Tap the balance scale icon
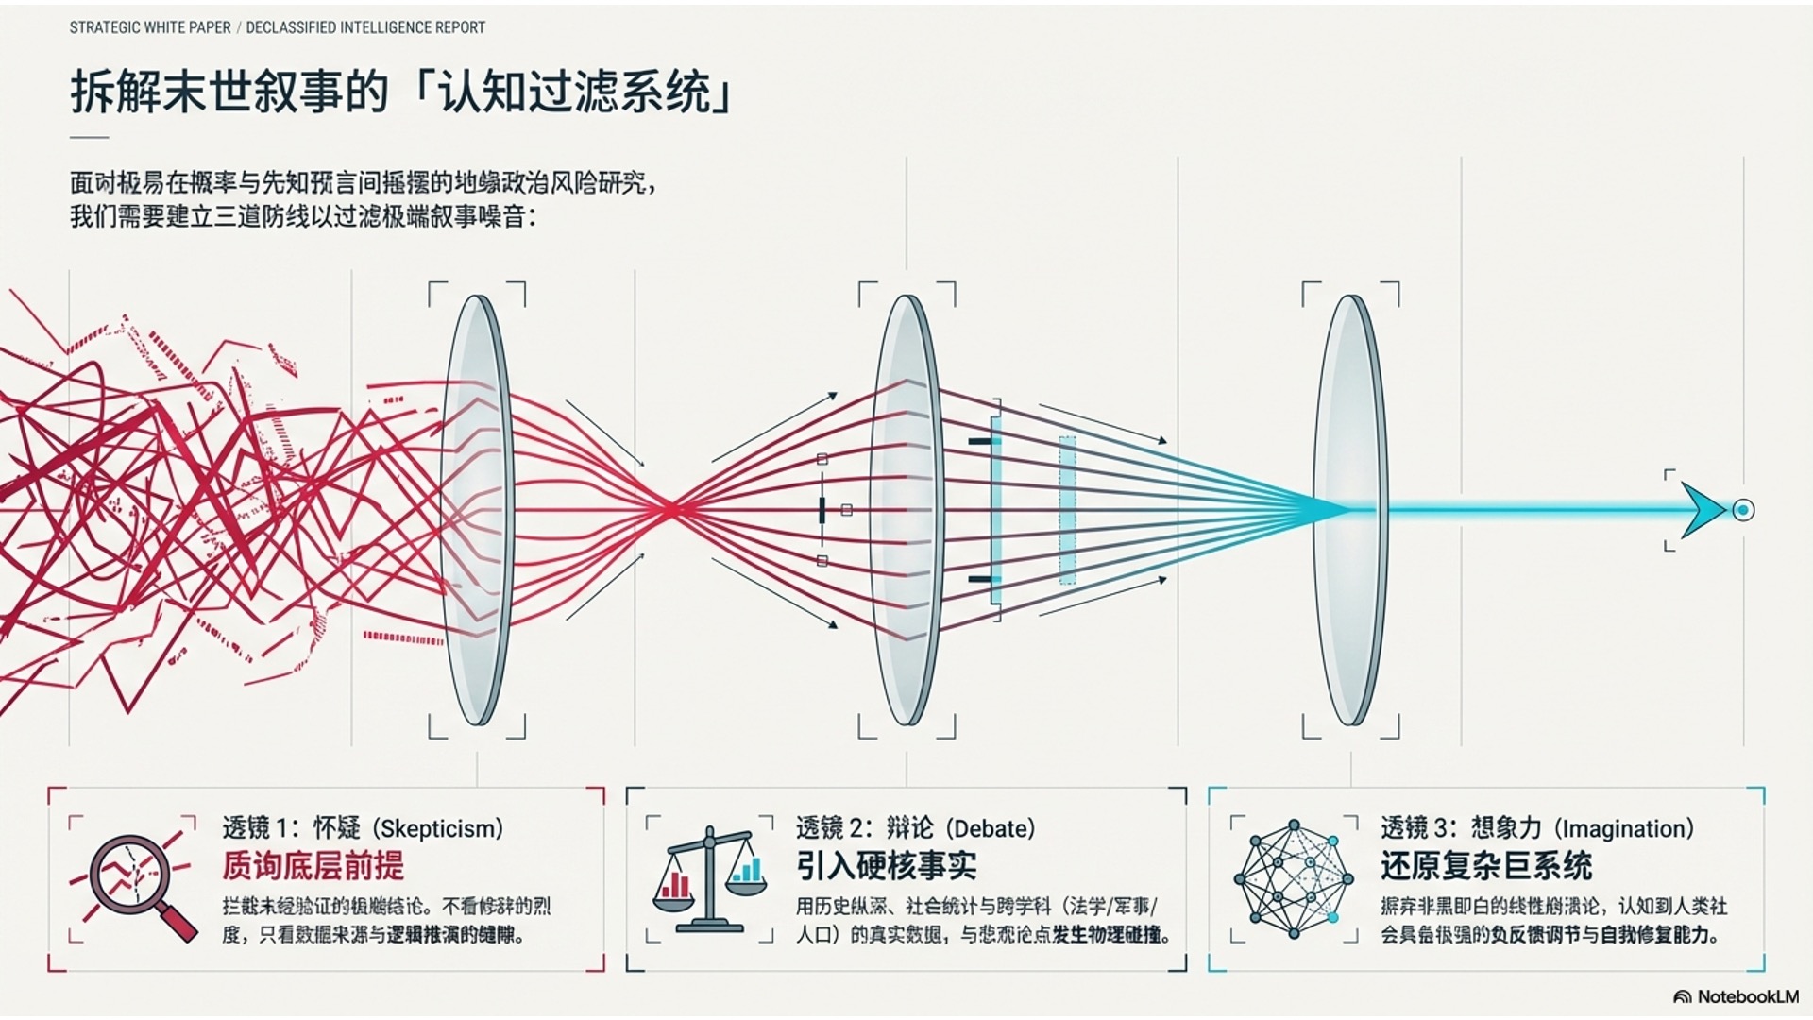[x=710, y=878]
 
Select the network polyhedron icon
[x=1294, y=878]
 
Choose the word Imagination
[x=1626, y=829]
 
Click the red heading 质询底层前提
[x=313, y=866]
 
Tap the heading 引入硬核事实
[x=886, y=866]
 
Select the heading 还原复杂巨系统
[x=1485, y=866]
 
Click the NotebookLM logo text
[x=1747, y=997]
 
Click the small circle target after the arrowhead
[x=1743, y=510]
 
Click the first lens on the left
[x=477, y=510]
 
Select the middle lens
[x=906, y=510]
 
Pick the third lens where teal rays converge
[x=1350, y=510]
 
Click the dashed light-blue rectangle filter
[x=1067, y=510]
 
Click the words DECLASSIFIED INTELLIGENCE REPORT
[x=365, y=28]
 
